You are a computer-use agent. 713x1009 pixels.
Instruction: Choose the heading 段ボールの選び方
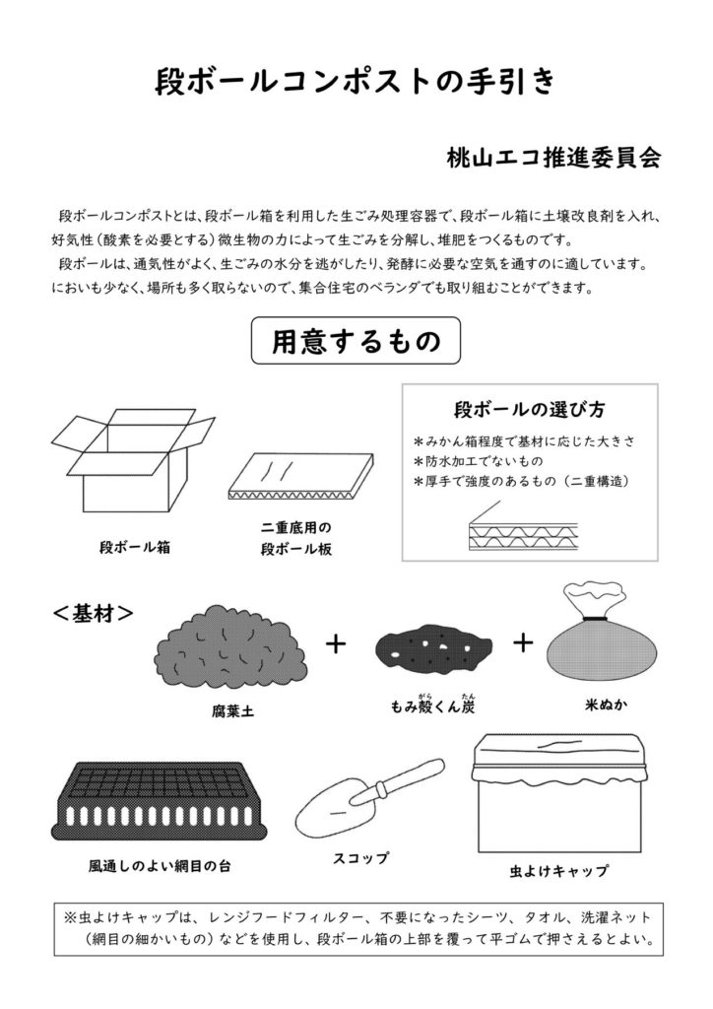[529, 409]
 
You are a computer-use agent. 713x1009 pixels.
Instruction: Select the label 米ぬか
[601, 706]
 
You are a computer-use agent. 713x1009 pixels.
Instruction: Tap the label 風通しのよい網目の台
[160, 868]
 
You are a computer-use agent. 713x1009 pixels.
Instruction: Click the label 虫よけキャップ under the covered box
[558, 870]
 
